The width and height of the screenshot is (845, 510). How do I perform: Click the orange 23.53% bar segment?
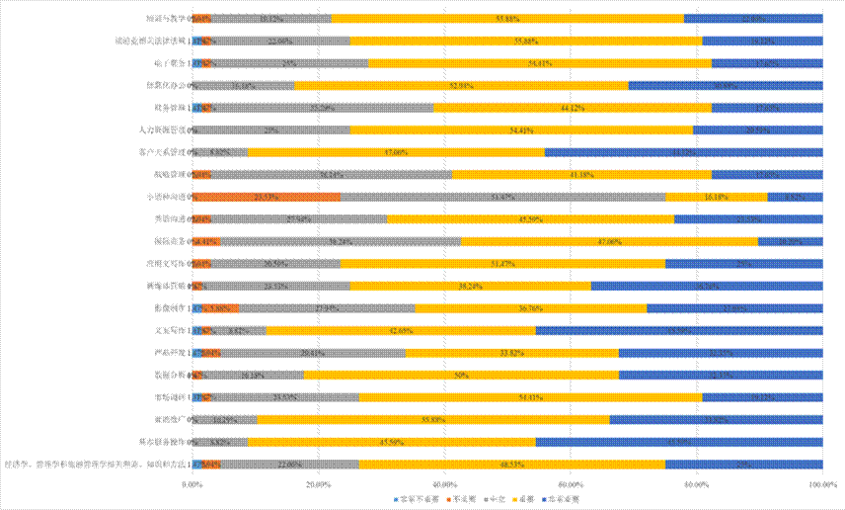pyautogui.click(x=267, y=197)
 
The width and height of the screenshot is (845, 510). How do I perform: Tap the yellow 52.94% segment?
pyautogui.click(x=461, y=85)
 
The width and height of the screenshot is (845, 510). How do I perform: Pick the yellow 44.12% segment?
pyautogui.click(x=573, y=108)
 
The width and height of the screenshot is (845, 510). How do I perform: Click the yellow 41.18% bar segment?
pyautogui.click(x=582, y=174)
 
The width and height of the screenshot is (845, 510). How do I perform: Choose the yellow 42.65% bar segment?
pyautogui.click(x=401, y=330)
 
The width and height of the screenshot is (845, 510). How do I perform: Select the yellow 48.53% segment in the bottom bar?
pyautogui.click(x=511, y=464)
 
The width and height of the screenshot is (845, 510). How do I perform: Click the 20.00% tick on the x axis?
pyautogui.click(x=318, y=484)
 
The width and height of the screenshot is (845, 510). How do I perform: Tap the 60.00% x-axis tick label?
pyautogui.click(x=571, y=484)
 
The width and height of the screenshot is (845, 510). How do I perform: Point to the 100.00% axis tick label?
pyautogui.click(x=822, y=484)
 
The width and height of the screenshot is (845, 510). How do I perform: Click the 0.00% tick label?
pyautogui.click(x=192, y=484)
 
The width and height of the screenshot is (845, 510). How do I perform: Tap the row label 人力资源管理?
pyautogui.click(x=163, y=129)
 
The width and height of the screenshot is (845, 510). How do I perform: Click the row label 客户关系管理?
pyautogui.click(x=163, y=152)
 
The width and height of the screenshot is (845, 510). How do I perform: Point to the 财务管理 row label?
pyautogui.click(x=169, y=108)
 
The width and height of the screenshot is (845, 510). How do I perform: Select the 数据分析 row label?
pyautogui.click(x=169, y=375)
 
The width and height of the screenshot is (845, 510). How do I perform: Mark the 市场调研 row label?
pyautogui.click(x=169, y=397)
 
